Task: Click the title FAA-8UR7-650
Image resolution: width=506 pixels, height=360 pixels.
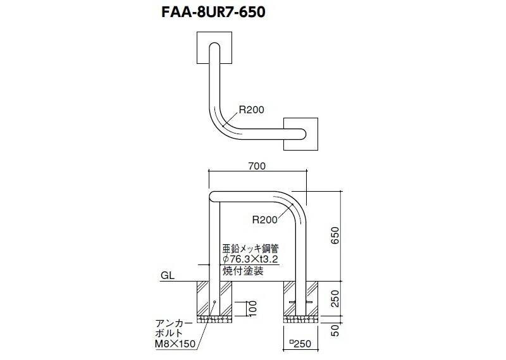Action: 213,12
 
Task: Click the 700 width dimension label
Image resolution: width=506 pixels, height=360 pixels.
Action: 257,166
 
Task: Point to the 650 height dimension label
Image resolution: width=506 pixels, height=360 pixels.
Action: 335,235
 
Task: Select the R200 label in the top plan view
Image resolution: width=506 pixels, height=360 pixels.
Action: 251,110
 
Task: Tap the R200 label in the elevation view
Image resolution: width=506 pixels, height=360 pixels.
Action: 264,220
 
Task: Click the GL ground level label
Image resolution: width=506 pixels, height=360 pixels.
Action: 168,275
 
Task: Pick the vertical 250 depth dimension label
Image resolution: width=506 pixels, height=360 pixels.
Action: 335,299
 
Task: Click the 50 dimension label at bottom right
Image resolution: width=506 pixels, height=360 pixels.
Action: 335,330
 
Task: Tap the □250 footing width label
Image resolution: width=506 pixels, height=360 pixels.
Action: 300,344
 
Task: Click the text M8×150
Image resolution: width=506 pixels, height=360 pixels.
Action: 175,344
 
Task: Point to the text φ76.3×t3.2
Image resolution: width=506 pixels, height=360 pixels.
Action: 250,259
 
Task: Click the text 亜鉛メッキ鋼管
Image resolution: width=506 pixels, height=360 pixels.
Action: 250,248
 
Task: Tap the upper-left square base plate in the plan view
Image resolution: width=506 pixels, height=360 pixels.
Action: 214,47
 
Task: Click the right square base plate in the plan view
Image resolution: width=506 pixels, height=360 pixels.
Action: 301,134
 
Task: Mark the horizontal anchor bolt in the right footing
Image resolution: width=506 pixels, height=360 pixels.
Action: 301,302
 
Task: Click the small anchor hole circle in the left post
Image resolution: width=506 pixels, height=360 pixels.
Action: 214,302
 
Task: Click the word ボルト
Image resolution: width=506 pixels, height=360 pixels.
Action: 169,333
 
